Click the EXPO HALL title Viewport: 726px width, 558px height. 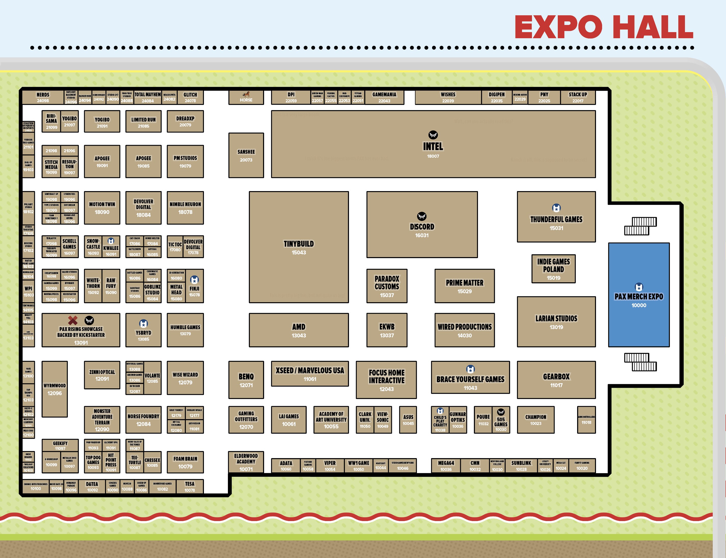[x=604, y=27]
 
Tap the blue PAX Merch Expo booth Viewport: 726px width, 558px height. [x=639, y=295]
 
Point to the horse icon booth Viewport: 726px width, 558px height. [x=246, y=97]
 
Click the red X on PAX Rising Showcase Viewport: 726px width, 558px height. [x=73, y=320]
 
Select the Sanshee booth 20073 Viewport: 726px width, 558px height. [x=246, y=155]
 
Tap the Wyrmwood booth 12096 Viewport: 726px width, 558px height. [x=55, y=389]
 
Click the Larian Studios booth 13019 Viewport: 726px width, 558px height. [x=556, y=322]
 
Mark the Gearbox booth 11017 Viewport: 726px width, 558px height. [x=556, y=380]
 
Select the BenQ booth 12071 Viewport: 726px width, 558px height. [x=246, y=380]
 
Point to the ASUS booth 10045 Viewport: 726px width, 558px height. [x=408, y=419]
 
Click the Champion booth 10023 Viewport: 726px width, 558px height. [x=536, y=419]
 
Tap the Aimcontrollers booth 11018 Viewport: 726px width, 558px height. [x=586, y=419]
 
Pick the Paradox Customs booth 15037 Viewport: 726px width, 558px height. [x=387, y=286]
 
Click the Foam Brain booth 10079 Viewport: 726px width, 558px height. [x=185, y=462]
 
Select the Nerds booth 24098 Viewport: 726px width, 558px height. [x=43, y=97]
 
